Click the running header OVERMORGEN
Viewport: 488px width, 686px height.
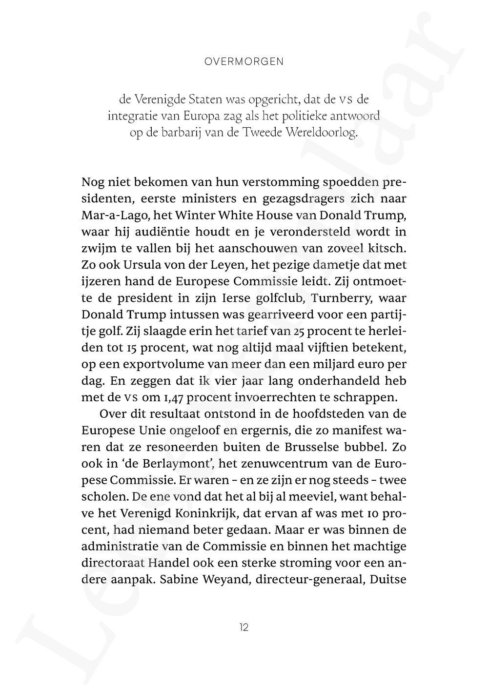coord(244,62)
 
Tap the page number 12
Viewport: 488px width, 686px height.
coord(244,627)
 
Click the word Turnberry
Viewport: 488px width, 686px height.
coord(335,298)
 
